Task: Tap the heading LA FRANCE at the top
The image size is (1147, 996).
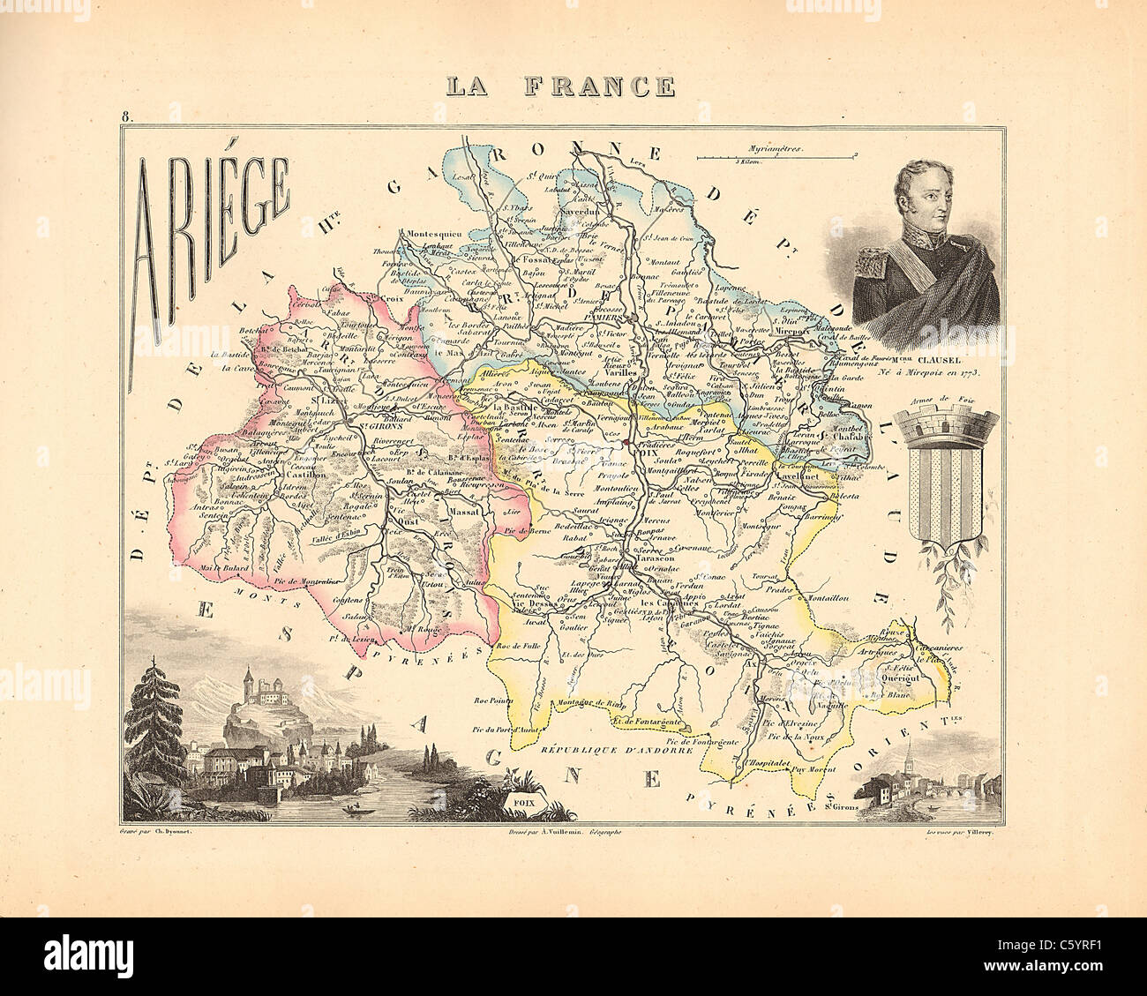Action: (x=560, y=86)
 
